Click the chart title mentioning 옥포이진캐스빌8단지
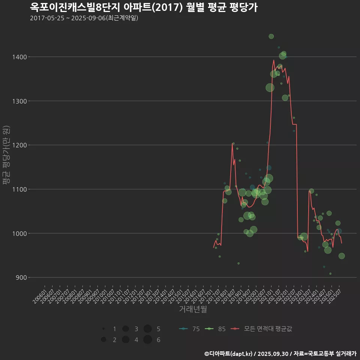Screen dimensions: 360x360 [144, 7]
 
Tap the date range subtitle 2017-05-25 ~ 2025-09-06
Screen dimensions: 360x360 [84, 18]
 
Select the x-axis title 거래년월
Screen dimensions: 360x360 [193, 309]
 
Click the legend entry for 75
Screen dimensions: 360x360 [190, 329]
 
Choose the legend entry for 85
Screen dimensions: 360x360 [216, 329]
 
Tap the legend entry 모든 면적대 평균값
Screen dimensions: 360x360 [262, 329]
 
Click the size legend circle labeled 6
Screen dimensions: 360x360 [147, 340]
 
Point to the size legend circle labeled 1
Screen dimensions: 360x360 [103, 329]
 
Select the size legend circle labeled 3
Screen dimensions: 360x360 [125, 329]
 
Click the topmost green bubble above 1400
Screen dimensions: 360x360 [271, 36]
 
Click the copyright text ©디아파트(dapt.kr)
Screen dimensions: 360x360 [229, 354]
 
